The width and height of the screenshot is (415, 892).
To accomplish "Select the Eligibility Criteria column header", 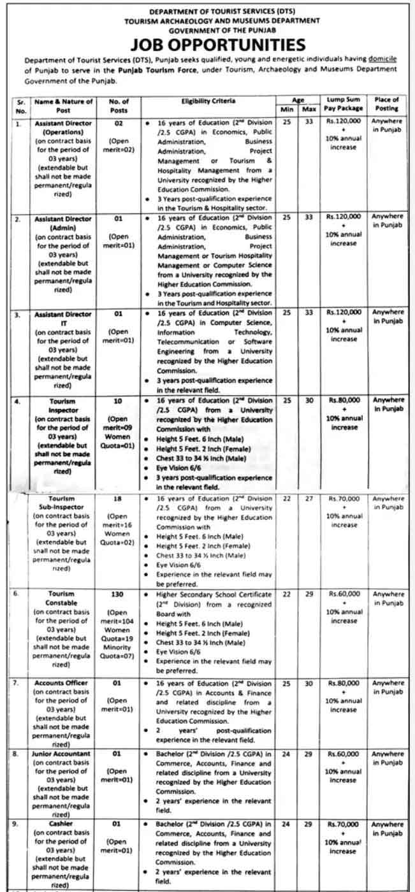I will [x=208, y=101].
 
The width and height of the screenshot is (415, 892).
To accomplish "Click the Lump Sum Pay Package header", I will [x=344, y=104].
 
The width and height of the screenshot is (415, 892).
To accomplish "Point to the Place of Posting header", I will [x=387, y=104].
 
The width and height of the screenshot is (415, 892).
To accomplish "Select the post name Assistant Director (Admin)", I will [x=63, y=222].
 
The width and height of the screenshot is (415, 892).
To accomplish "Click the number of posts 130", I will [x=117, y=594].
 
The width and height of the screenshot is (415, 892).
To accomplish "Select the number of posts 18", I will [x=117, y=498].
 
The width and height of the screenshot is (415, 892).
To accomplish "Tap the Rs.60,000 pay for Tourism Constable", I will [x=344, y=594].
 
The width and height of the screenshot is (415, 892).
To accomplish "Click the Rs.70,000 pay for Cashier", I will [x=344, y=824].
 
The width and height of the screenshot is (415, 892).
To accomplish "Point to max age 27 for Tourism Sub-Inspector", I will [x=309, y=498].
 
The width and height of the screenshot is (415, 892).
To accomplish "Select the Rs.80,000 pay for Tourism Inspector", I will [x=344, y=401].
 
